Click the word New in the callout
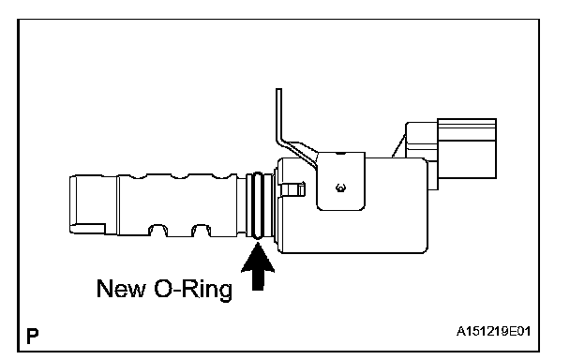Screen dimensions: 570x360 (121, 289)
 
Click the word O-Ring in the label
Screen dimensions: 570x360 (193, 289)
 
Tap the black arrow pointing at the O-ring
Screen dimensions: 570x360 (258, 266)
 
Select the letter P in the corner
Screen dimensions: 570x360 (33, 336)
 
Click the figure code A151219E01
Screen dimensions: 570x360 (493, 331)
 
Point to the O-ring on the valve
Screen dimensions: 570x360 (258, 205)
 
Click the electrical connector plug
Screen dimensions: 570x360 (467, 148)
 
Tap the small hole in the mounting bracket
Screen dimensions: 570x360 (340, 187)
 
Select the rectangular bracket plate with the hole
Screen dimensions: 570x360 (341, 181)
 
